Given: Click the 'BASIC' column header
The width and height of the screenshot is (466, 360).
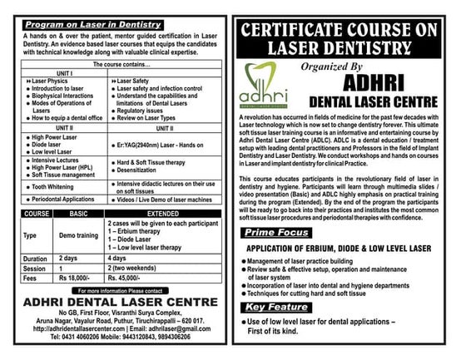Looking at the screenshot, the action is [80, 215].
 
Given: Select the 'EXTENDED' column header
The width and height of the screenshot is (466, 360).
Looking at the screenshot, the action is [161, 215].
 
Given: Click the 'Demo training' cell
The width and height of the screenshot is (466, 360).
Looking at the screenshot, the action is [80, 236].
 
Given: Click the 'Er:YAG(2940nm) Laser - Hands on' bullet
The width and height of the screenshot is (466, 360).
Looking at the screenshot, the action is [166, 146].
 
